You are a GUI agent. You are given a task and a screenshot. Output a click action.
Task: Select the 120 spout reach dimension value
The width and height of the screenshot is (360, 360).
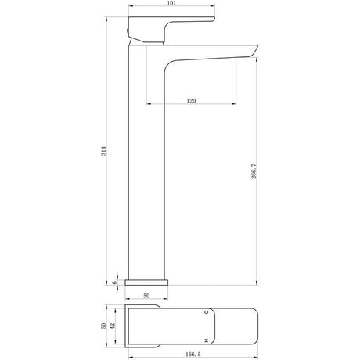click(x=191, y=101)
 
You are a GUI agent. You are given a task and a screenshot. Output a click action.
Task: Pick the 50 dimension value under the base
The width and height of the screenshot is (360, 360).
click(x=146, y=296)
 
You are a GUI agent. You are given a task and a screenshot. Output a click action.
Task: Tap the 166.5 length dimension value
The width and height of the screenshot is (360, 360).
click(x=192, y=354)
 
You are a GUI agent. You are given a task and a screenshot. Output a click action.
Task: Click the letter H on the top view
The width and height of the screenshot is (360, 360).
click(x=206, y=340)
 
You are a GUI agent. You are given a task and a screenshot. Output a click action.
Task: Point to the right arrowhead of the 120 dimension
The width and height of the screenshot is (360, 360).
click(x=234, y=103)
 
